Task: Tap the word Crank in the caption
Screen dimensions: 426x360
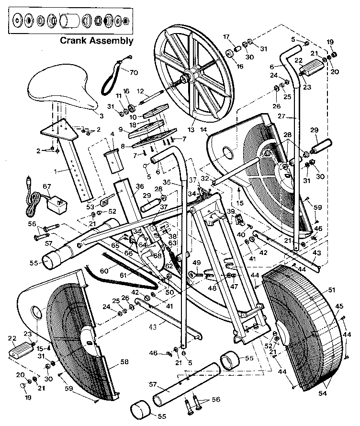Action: click(x=74, y=40)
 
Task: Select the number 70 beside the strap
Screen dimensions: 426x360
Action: click(x=133, y=73)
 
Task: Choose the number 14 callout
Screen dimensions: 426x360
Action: click(x=204, y=129)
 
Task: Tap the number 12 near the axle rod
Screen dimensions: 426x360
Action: click(x=141, y=91)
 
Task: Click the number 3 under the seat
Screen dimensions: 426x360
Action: click(x=102, y=115)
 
